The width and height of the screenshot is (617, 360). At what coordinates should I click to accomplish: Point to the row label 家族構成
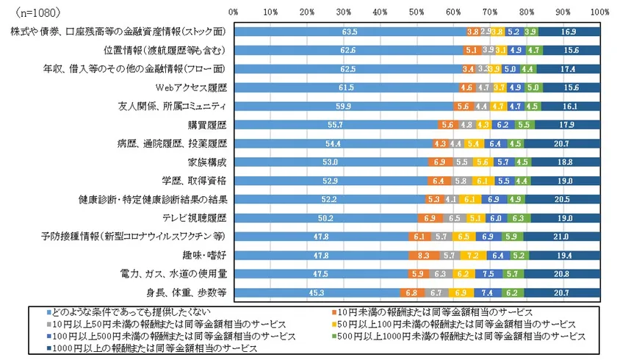[208, 162]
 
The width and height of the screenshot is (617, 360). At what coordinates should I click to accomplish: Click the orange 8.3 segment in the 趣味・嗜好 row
[423, 254]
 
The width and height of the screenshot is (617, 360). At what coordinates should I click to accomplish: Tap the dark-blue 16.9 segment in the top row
[569, 32]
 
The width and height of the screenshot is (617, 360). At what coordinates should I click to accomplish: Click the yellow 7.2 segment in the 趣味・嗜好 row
[473, 254]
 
